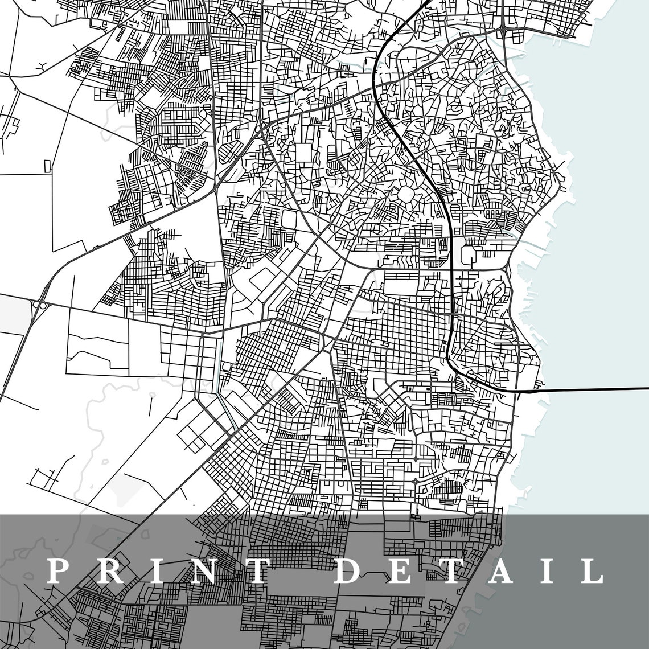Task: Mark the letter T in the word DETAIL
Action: (448, 571)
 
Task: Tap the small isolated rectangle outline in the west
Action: (47, 166)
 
